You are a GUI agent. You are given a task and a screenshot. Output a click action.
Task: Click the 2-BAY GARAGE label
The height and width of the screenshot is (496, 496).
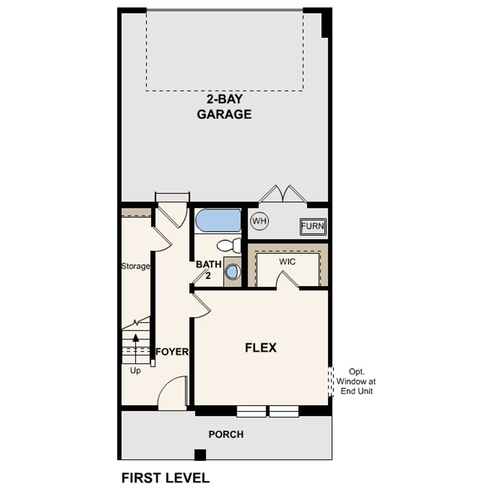pyautogui.click(x=224, y=107)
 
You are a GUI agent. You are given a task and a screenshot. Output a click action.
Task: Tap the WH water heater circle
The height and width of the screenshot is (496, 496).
pyautogui.click(x=260, y=221)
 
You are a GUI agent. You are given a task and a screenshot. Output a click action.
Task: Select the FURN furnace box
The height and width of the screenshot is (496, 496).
pyautogui.click(x=313, y=226)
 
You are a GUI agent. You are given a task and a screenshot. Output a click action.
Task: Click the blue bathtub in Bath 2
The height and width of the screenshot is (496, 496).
pyautogui.click(x=218, y=220)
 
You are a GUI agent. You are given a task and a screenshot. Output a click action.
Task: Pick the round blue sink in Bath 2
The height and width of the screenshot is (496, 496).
pyautogui.click(x=232, y=272)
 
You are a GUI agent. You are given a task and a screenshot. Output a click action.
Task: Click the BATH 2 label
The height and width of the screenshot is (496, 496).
pyautogui.click(x=208, y=270)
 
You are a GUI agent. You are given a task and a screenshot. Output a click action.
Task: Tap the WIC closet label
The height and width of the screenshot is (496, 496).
pyautogui.click(x=287, y=262)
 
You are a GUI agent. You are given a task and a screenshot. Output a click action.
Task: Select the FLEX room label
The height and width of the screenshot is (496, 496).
pyautogui.click(x=261, y=348)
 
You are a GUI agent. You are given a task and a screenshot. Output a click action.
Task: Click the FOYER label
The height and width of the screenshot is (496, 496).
pyautogui.click(x=172, y=352)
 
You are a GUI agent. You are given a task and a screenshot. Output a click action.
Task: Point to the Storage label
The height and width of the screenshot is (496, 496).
pyautogui.click(x=135, y=266)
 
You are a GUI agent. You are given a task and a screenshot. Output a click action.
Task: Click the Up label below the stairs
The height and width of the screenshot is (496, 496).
pyautogui.click(x=136, y=371)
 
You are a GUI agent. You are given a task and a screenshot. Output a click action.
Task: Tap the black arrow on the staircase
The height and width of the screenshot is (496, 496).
pyautogui.click(x=136, y=339)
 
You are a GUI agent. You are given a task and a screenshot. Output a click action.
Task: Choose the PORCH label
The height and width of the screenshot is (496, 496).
pyautogui.click(x=226, y=434)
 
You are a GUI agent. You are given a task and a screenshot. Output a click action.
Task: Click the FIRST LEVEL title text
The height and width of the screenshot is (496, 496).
pyautogui.click(x=165, y=478)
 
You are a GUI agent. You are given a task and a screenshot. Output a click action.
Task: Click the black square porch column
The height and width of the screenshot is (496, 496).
pyautogui.click(x=200, y=455)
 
